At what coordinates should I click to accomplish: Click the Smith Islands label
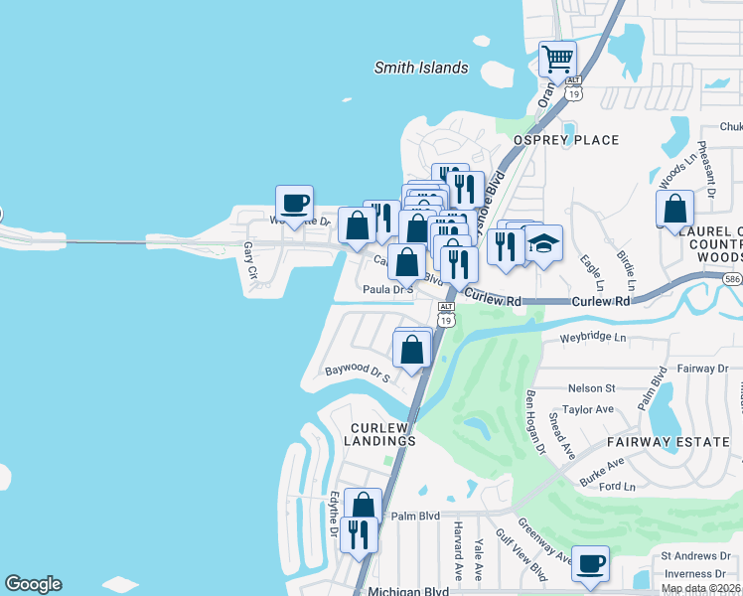click(420, 69)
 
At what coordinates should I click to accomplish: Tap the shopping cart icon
click(558, 59)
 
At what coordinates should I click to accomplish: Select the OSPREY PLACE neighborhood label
click(565, 140)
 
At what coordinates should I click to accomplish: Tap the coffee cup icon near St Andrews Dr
click(592, 564)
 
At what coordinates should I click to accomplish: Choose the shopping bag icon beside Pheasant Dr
click(675, 209)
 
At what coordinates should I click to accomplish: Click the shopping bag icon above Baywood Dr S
click(412, 349)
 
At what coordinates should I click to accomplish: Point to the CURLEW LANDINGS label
click(380, 434)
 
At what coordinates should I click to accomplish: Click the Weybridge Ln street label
click(593, 339)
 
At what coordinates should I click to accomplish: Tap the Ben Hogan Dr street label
click(535, 422)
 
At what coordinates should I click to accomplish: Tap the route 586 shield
click(732, 280)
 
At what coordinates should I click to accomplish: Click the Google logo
click(33, 584)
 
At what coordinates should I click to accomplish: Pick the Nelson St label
click(592, 388)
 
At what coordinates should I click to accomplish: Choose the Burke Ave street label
click(601, 470)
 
